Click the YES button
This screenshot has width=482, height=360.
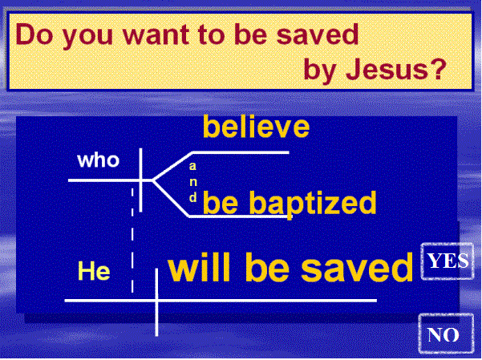click(448, 261)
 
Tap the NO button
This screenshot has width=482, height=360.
click(446, 334)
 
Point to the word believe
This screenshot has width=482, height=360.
click(256, 127)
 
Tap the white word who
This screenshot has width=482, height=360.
click(99, 160)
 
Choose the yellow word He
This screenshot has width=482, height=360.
click(94, 270)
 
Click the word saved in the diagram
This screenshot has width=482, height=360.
click(357, 266)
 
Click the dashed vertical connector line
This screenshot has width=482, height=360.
click(132, 241)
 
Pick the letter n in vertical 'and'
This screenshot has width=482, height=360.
click(193, 182)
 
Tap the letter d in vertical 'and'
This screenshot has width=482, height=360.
click(193, 196)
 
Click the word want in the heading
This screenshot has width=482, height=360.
click(156, 34)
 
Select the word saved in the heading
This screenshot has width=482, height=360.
click(318, 34)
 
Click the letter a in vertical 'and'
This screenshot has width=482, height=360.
click(192, 166)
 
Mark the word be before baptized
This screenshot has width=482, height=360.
click(221, 202)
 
